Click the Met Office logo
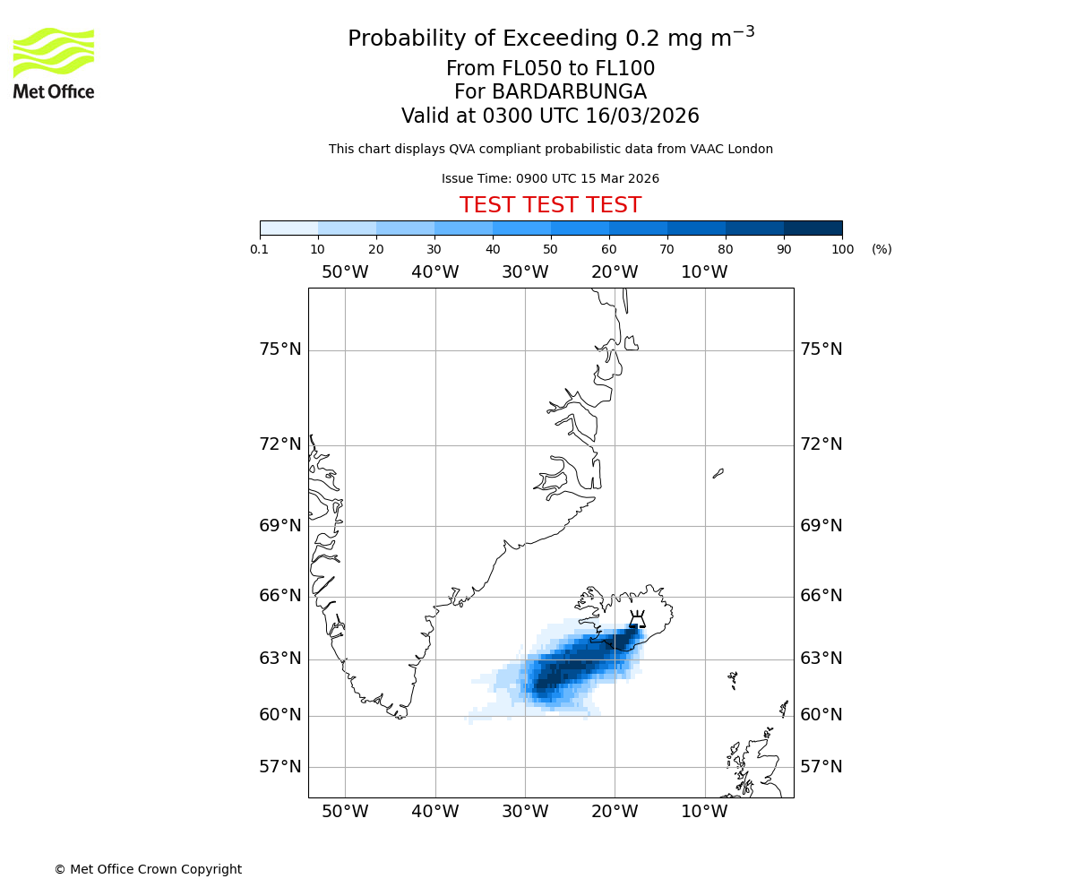(x=54, y=63)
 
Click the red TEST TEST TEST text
(x=550, y=205)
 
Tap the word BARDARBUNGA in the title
(x=550, y=92)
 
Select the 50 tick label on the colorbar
(x=550, y=249)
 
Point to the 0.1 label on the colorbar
(x=260, y=249)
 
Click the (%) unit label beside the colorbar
(x=881, y=249)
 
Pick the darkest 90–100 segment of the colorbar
(x=813, y=228)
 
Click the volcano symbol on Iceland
(x=637, y=619)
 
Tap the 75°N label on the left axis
(x=280, y=349)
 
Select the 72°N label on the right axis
(x=821, y=444)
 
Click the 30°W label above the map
(x=525, y=272)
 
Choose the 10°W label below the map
(x=704, y=812)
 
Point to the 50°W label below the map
(x=345, y=812)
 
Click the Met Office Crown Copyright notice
(x=148, y=869)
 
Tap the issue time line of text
(x=550, y=178)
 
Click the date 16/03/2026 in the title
(x=642, y=116)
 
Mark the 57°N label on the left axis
(x=280, y=767)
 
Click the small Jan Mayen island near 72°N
(x=718, y=473)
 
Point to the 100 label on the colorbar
(x=842, y=249)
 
